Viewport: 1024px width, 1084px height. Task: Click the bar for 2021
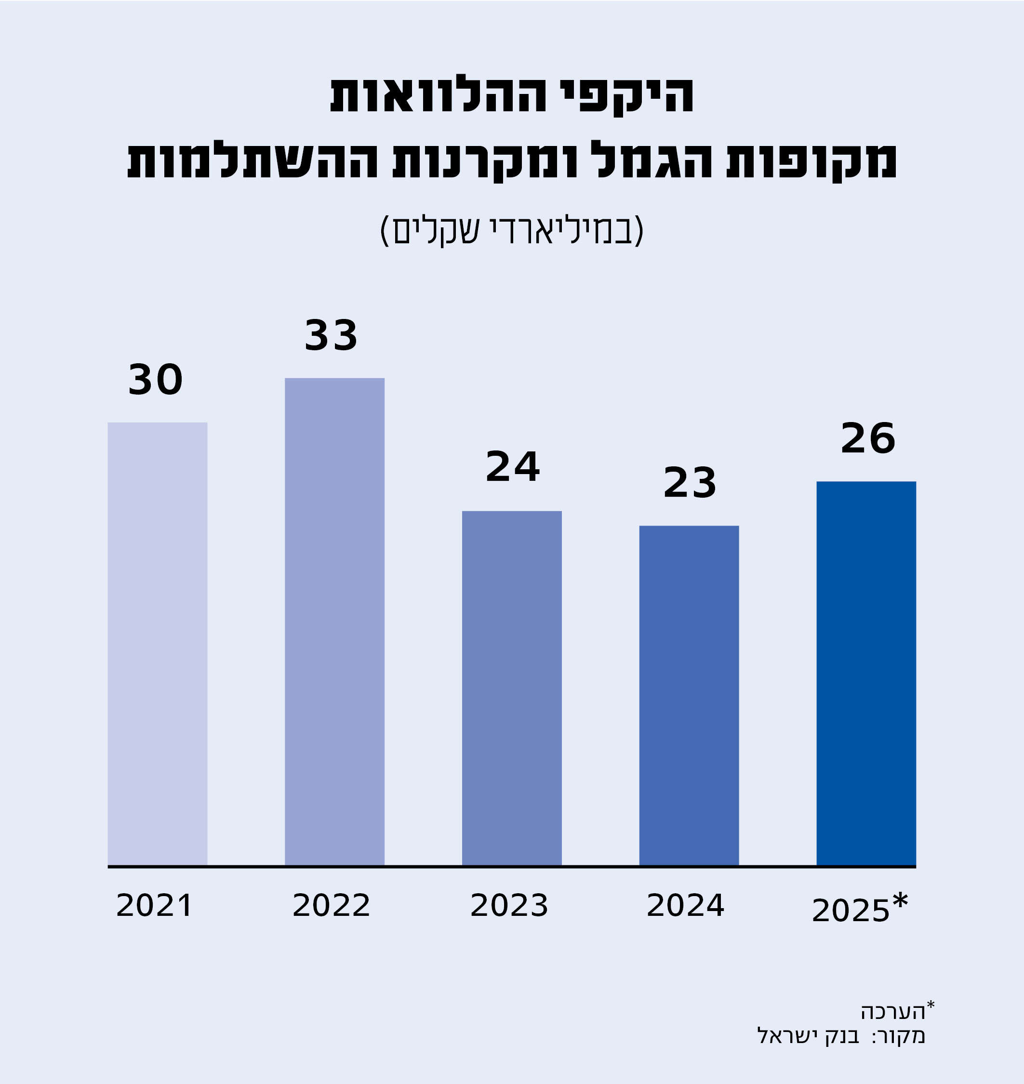157,644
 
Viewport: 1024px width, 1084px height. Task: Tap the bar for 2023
511,687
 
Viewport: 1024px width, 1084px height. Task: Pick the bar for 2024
689,695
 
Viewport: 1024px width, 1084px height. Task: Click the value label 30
156,381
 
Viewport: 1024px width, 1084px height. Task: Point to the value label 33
331,336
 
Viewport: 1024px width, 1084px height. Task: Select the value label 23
690,483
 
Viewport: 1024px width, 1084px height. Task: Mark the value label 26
868,439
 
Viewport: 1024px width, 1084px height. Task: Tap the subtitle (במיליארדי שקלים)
511,230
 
